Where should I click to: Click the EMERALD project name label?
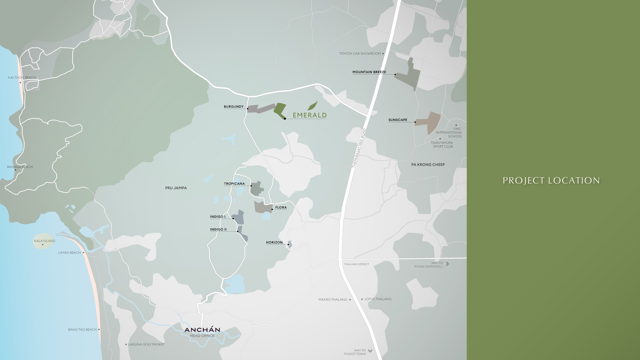(x=309, y=115)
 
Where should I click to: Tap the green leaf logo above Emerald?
(x=312, y=105)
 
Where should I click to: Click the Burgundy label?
(x=234, y=107)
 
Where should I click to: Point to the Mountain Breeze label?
(x=369, y=72)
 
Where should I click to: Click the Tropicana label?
(x=234, y=184)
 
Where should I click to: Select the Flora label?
(x=281, y=207)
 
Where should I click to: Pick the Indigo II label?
(x=218, y=229)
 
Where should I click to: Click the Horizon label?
(x=274, y=242)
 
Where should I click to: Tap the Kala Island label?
(x=45, y=241)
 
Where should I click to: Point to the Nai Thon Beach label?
(x=22, y=78)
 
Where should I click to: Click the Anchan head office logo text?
(x=202, y=330)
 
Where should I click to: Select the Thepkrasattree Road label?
(x=359, y=148)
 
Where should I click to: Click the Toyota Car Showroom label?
(x=360, y=53)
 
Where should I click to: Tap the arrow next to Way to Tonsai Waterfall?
(x=447, y=264)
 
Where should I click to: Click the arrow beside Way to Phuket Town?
(x=370, y=351)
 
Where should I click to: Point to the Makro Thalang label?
(x=333, y=300)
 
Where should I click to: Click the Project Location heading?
(x=551, y=181)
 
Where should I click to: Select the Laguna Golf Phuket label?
(x=146, y=344)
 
